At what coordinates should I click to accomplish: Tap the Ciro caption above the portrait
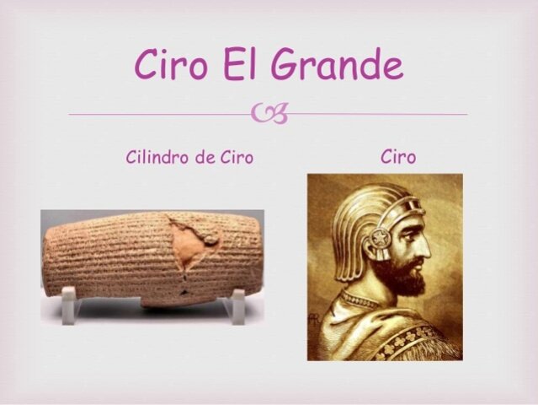click(397, 157)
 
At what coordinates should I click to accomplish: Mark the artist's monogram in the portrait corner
click(314, 321)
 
